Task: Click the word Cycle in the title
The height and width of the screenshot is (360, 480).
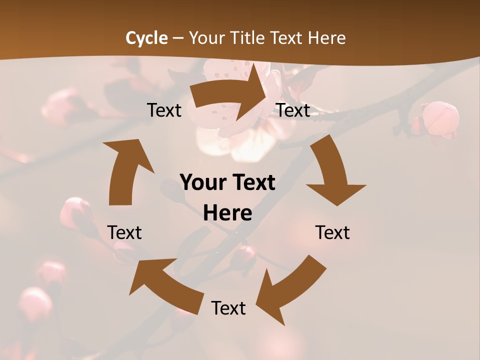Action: click(146, 38)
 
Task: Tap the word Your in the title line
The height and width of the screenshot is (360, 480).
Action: click(207, 38)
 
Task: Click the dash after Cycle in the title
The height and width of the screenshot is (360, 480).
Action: click(178, 38)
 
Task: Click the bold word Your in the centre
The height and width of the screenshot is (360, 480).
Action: click(202, 182)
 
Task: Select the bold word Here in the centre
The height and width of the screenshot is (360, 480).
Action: click(227, 213)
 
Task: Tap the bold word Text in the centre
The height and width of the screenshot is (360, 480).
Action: click(251, 182)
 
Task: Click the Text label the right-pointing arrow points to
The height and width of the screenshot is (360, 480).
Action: click(293, 110)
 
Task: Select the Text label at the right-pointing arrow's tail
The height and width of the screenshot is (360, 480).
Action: click(164, 110)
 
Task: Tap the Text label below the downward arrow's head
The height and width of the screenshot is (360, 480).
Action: click(332, 232)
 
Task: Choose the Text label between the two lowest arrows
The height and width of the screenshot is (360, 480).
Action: click(228, 308)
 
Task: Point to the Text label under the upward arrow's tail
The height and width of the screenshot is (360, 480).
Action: click(124, 232)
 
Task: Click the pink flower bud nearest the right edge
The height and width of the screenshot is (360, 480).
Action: click(440, 118)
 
